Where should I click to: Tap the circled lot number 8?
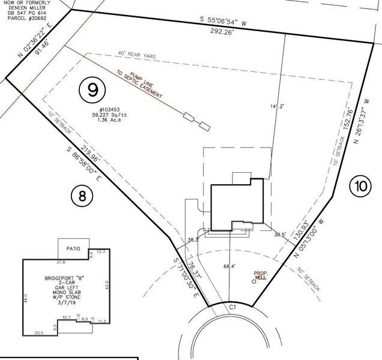pyautogui.click(x=82, y=196)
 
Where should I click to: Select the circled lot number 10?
pyautogui.click(x=360, y=187)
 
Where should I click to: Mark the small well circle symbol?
pyautogui.click(x=253, y=283)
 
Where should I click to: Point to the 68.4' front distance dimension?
pyautogui.click(x=228, y=266)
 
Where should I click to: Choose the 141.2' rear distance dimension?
pyautogui.click(x=277, y=106)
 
